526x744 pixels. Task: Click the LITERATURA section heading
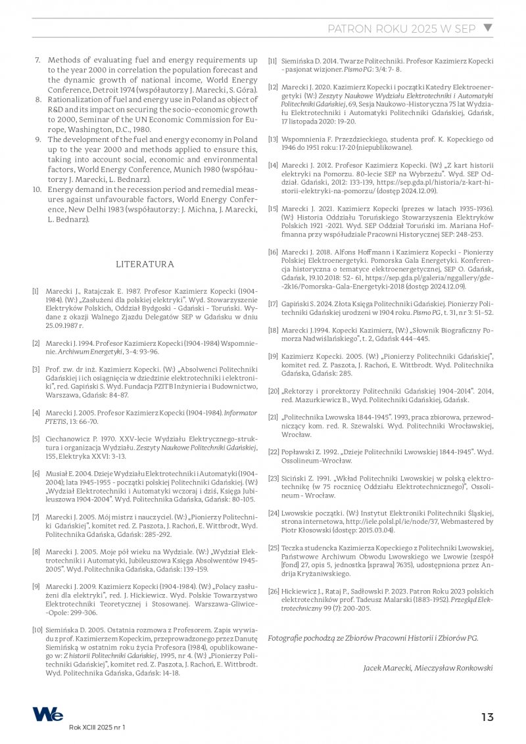coord(145,264)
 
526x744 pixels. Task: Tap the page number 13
coord(487,717)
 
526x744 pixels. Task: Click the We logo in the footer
coord(49,714)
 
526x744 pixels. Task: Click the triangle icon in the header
coord(487,28)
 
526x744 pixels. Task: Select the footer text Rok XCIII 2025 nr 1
coord(97,728)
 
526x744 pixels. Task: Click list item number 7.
coord(37,60)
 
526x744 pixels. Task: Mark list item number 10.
coord(37,189)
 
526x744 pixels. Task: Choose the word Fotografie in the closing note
coord(285,638)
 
